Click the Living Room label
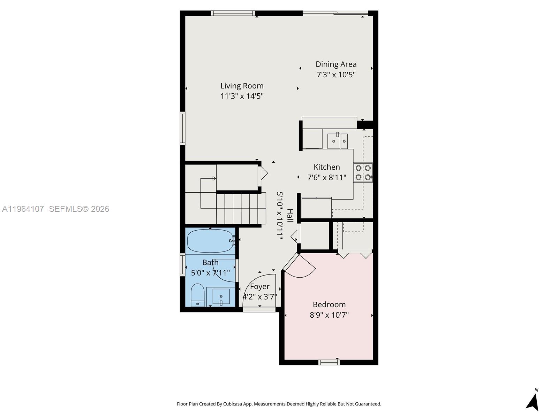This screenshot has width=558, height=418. point(242,86)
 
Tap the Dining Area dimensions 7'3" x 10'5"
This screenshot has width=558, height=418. point(336,75)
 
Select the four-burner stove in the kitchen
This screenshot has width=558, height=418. point(363,172)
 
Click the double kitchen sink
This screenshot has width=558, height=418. point(337,141)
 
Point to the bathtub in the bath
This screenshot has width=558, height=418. point(209,241)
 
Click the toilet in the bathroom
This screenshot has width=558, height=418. point(197,295)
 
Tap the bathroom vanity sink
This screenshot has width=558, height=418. point(221,296)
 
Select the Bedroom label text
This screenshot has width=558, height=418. point(329,304)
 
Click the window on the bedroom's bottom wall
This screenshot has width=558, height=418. point(329,363)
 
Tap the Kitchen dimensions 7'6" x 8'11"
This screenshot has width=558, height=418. point(326,178)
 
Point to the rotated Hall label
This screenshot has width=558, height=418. point(290,215)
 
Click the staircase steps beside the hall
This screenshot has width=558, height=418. point(241,209)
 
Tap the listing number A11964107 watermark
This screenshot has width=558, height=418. point(23,209)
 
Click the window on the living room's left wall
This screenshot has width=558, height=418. point(182,128)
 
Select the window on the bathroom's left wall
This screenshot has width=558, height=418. point(182,265)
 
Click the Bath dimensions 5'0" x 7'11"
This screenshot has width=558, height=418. point(210,273)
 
